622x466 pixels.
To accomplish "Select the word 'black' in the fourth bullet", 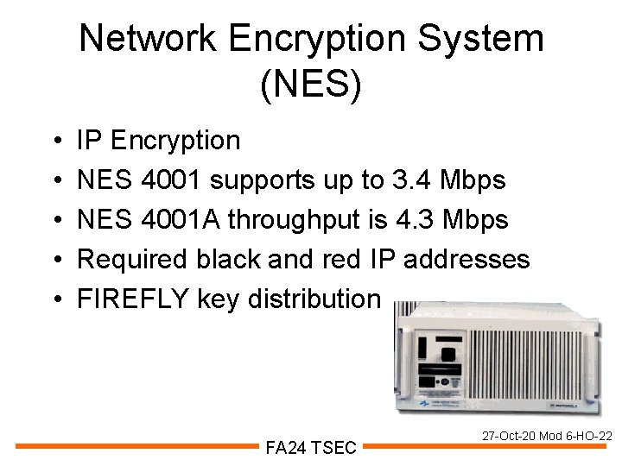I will point(244,259).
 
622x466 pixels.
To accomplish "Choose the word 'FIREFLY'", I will point(132,299).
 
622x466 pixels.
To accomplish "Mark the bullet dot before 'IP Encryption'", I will point(55,141).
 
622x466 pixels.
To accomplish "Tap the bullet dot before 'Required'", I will point(55,260).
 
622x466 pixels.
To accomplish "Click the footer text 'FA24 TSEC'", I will point(311,447).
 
